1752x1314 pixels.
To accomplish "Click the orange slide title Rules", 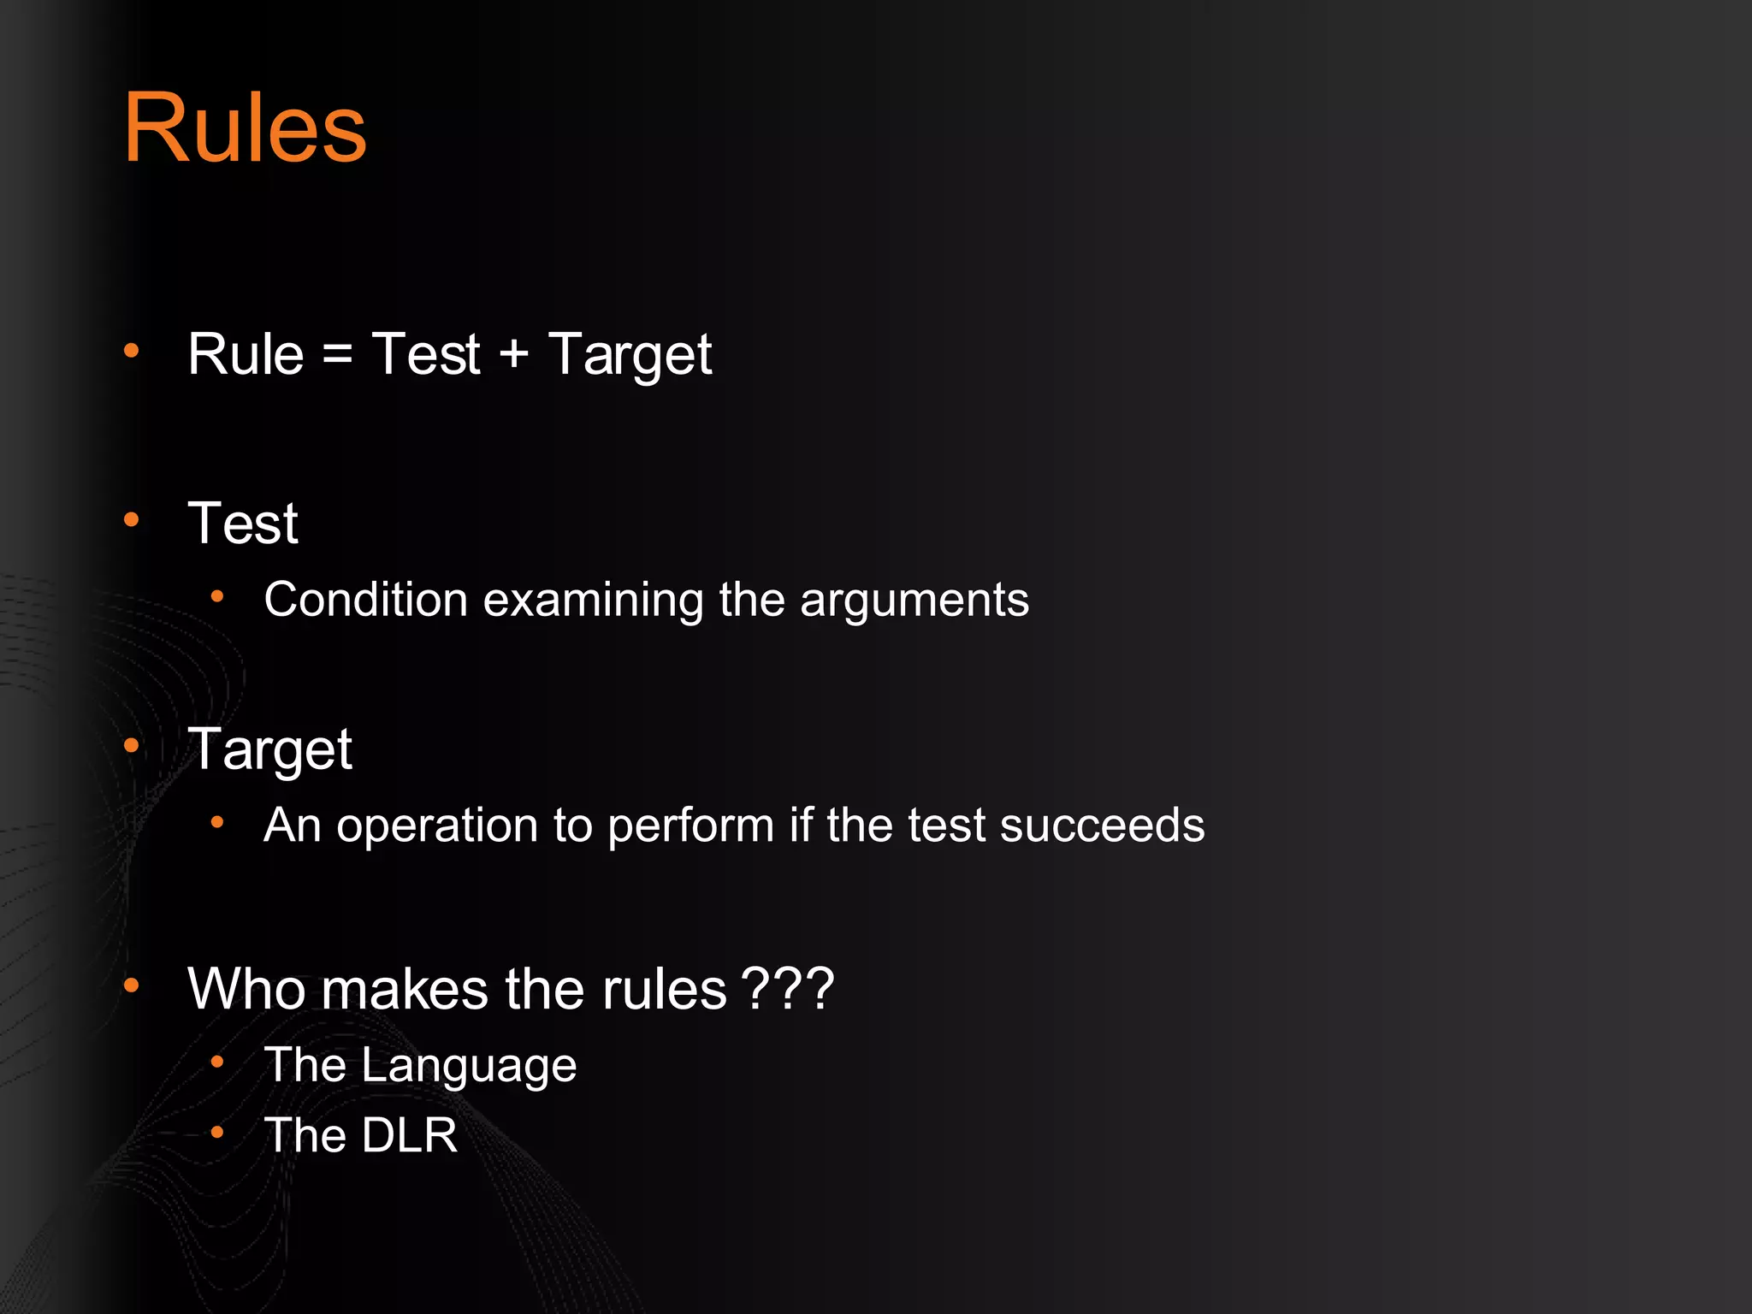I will pos(246,128).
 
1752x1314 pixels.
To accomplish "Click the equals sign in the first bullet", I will pos(338,354).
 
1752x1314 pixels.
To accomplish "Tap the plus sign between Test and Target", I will pos(513,354).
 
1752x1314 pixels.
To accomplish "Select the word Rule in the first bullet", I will pos(246,354).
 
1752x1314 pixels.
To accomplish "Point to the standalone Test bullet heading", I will pos(243,524).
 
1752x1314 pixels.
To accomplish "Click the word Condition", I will pos(365,600).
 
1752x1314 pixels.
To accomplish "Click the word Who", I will pos(246,989).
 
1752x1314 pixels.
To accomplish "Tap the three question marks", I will pos(787,989).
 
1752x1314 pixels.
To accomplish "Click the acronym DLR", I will pos(409,1136).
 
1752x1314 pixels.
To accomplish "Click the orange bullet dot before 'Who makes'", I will pos(131,986).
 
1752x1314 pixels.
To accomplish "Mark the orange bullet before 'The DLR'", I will pos(217,1133).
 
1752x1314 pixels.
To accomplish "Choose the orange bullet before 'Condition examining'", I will pos(217,597).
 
